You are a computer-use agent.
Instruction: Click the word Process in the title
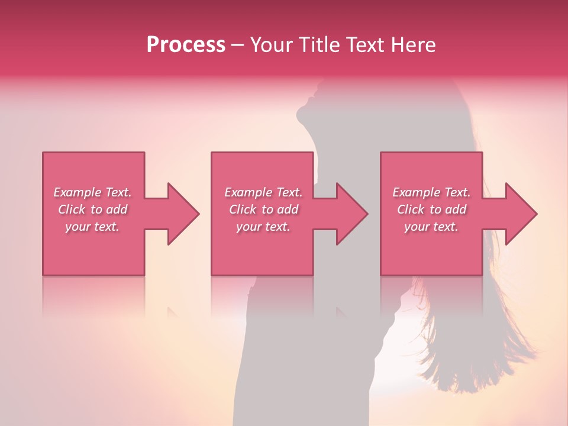(x=186, y=45)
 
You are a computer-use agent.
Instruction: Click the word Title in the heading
(x=319, y=45)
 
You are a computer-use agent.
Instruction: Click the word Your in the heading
(x=272, y=45)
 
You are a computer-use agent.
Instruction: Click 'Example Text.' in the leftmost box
(x=92, y=192)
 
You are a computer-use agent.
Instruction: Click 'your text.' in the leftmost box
(x=92, y=227)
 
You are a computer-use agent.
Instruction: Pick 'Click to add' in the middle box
(x=263, y=209)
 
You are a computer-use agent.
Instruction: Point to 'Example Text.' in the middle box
(x=263, y=192)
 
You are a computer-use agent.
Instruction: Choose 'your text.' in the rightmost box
(x=431, y=227)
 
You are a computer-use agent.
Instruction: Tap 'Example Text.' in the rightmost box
(x=431, y=192)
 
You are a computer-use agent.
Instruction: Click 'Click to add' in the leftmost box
(x=92, y=209)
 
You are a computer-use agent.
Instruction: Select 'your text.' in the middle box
(x=263, y=227)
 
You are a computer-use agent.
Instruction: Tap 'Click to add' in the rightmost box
(x=431, y=209)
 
